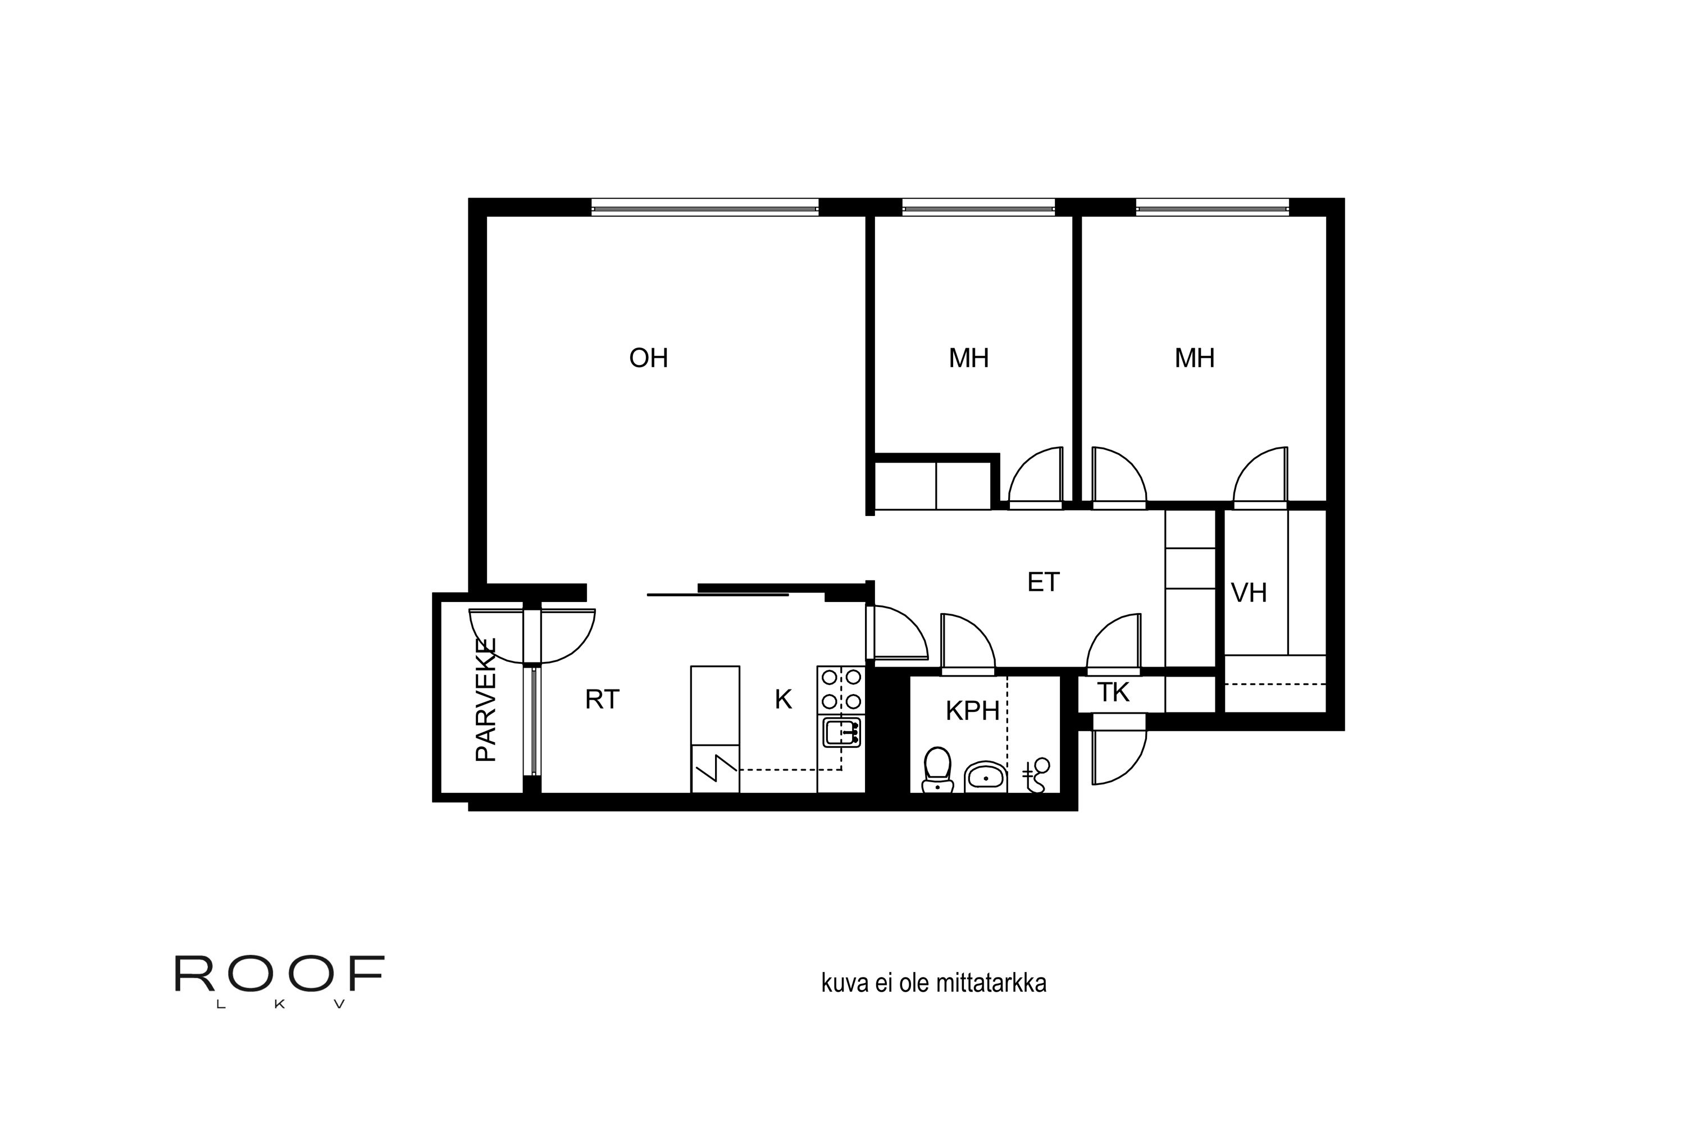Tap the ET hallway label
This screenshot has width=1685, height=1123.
[x=1043, y=582]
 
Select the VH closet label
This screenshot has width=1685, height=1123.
[x=1249, y=593]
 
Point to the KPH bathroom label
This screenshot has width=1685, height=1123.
[x=972, y=711]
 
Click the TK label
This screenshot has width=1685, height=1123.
[x=1113, y=692]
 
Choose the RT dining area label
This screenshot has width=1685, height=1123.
[x=602, y=700]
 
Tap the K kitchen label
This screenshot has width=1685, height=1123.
[x=783, y=700]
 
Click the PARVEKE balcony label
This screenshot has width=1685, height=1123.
[x=486, y=700]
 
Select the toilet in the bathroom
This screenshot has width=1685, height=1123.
[x=937, y=770]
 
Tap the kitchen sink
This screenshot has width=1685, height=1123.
[x=841, y=732]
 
